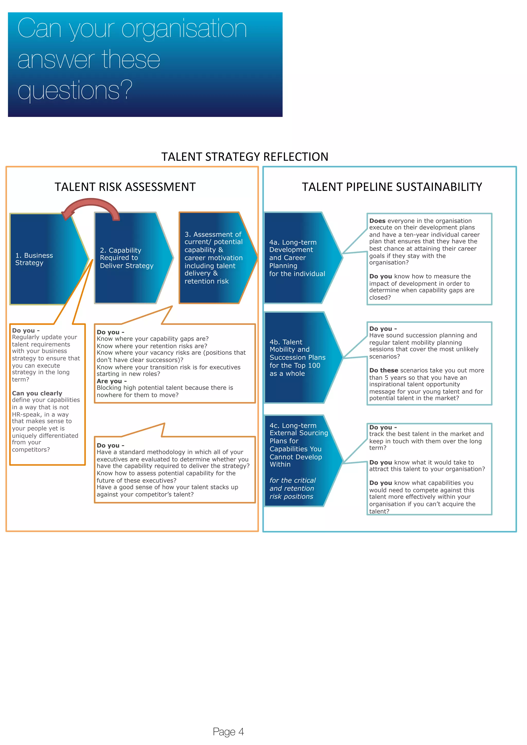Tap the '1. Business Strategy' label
[34, 259]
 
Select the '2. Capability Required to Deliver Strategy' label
[127, 258]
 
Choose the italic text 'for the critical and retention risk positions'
[292, 488]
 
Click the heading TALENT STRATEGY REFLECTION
[245, 157]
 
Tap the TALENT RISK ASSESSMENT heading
[125, 187]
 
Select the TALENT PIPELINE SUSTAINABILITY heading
[392, 187]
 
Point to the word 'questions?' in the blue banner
[75, 90]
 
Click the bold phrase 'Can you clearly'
[37, 393]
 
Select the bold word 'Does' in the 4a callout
[377, 221]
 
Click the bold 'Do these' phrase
[383, 370]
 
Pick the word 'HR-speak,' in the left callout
[27, 414]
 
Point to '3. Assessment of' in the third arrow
[213, 234]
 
